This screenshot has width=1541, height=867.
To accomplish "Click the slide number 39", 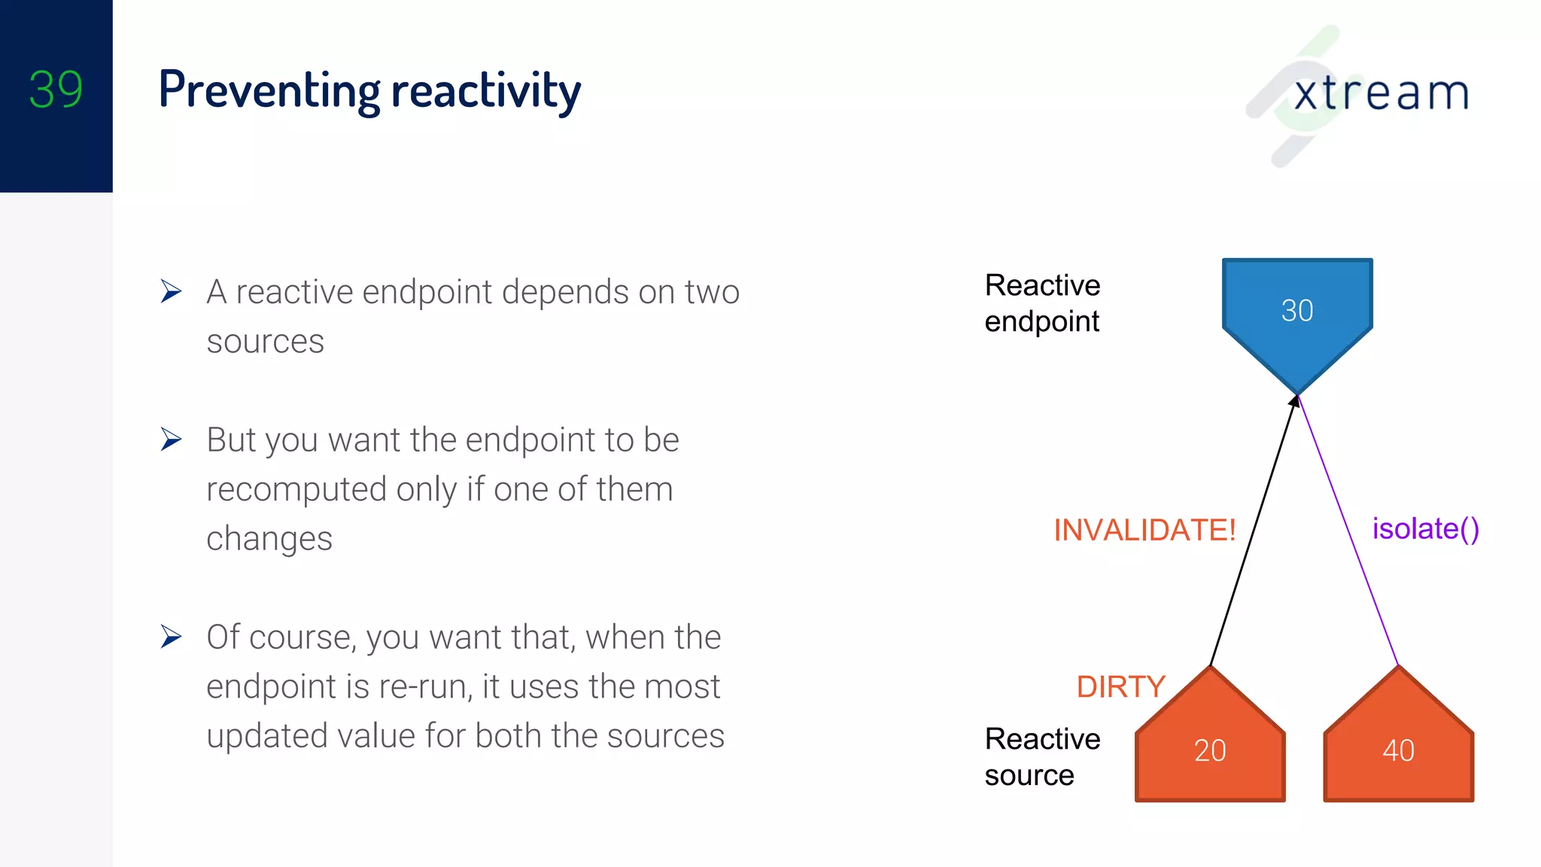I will click(x=56, y=90).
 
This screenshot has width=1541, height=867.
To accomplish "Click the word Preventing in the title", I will click(x=269, y=91).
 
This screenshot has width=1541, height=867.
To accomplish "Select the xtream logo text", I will click(x=1381, y=93).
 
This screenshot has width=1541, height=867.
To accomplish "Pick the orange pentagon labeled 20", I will click(x=1210, y=750).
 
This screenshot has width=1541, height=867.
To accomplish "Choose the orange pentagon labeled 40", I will click(x=1398, y=750).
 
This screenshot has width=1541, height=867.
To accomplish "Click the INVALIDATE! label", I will click(x=1144, y=530).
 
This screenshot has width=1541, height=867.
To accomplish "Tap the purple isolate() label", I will click(x=1425, y=528).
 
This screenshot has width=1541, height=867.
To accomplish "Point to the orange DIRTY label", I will click(x=1120, y=686).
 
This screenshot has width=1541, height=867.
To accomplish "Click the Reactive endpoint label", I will click(x=1042, y=303).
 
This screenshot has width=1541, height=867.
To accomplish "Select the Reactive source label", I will click(x=1042, y=756).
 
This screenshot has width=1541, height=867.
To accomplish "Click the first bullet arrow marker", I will click(x=171, y=291).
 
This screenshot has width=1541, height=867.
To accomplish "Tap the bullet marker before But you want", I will click(x=171, y=440).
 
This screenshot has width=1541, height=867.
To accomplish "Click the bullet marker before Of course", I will click(x=171, y=637).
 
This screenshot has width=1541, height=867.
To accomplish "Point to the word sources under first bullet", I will click(x=265, y=342).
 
